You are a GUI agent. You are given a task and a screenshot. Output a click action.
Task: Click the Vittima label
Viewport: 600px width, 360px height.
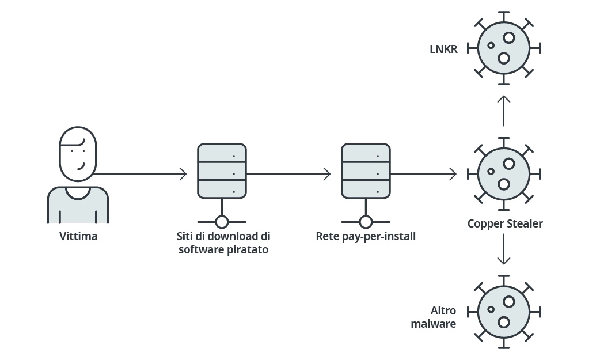point(78,236)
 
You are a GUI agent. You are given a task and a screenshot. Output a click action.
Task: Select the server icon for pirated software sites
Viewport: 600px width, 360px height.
point(222,171)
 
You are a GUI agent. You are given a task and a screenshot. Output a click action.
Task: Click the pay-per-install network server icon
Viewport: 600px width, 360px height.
point(366,171)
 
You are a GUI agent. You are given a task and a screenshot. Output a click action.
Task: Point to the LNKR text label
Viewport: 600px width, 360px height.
point(443,49)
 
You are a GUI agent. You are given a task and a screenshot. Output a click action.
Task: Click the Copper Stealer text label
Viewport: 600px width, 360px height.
point(505,223)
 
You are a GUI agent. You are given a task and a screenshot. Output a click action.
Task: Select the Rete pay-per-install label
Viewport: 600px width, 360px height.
point(366,236)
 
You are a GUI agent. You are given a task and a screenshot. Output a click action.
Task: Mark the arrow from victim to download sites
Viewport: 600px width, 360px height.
point(140,173)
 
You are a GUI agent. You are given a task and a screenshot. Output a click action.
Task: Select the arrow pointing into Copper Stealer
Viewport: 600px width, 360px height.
point(423,173)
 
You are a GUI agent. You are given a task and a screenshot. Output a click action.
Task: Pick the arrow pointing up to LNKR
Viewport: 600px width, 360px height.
point(504,111)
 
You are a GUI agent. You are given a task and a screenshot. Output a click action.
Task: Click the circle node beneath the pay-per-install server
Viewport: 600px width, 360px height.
point(366,222)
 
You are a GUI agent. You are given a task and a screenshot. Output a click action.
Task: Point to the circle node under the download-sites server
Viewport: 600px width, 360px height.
point(222,222)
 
